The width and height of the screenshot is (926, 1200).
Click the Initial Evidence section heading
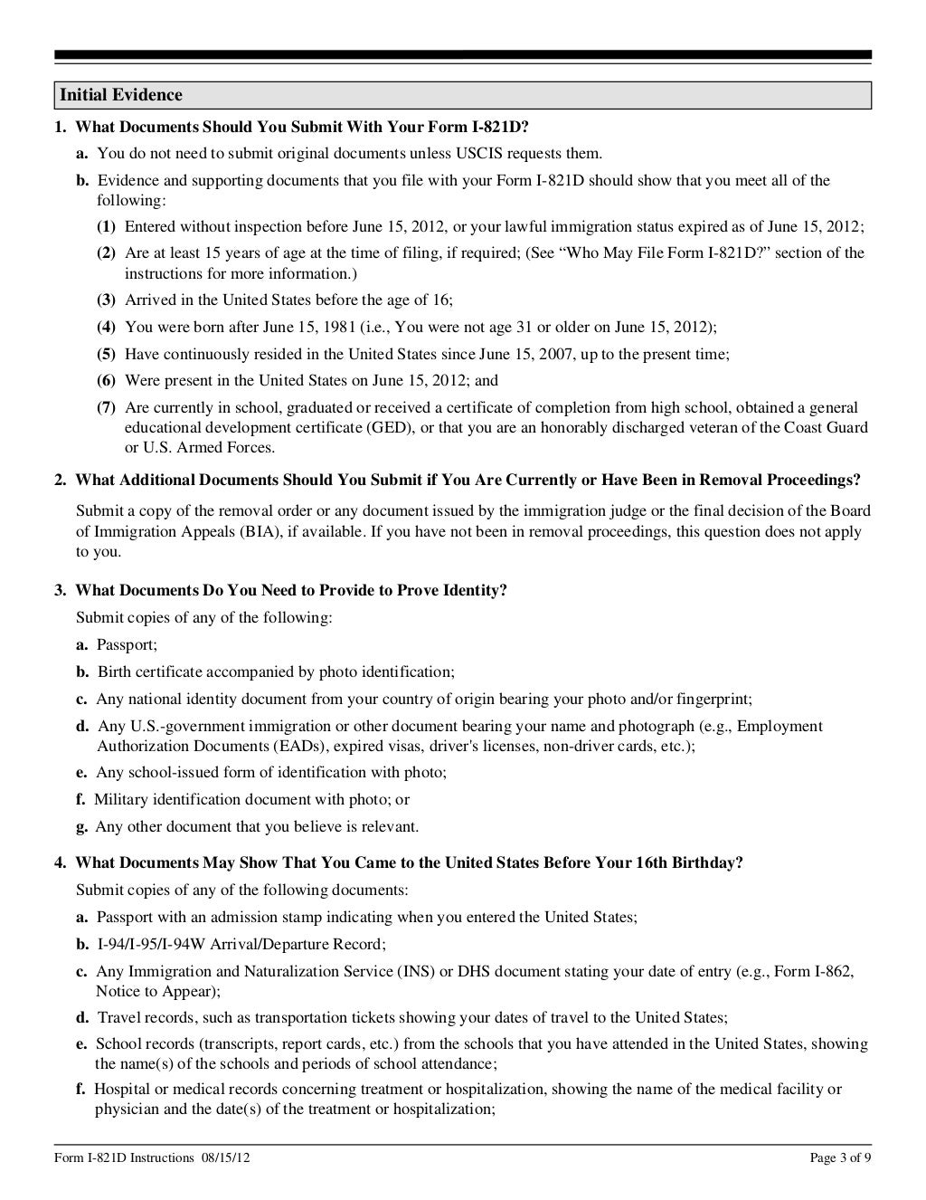(121, 95)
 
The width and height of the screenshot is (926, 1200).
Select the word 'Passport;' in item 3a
(127, 645)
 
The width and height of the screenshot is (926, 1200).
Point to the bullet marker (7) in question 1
(106, 408)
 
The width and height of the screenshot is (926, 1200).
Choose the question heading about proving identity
(290, 591)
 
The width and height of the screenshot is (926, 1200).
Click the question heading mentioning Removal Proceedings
(468, 480)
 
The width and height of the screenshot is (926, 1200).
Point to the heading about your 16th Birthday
(409, 862)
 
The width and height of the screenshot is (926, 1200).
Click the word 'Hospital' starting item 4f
(121, 1089)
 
